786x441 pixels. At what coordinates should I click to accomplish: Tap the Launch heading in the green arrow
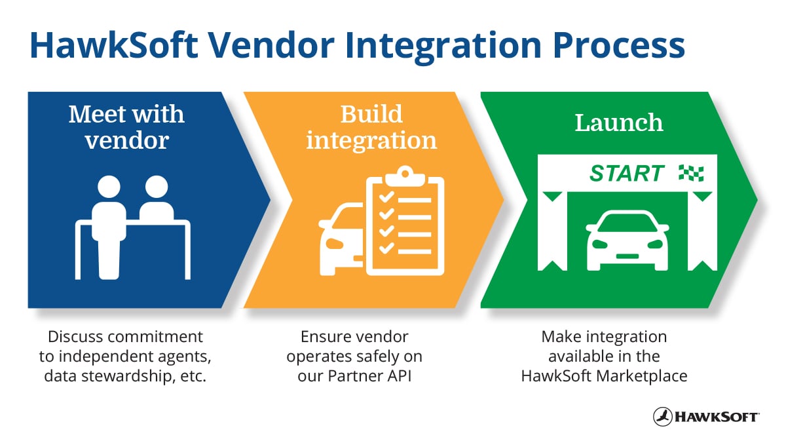point(618,123)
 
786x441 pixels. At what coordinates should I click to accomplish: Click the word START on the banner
point(626,174)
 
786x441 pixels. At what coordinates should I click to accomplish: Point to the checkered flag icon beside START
point(691,173)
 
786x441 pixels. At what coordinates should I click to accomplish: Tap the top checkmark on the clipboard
point(386,197)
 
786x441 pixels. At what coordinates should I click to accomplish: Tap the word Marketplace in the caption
point(638,376)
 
